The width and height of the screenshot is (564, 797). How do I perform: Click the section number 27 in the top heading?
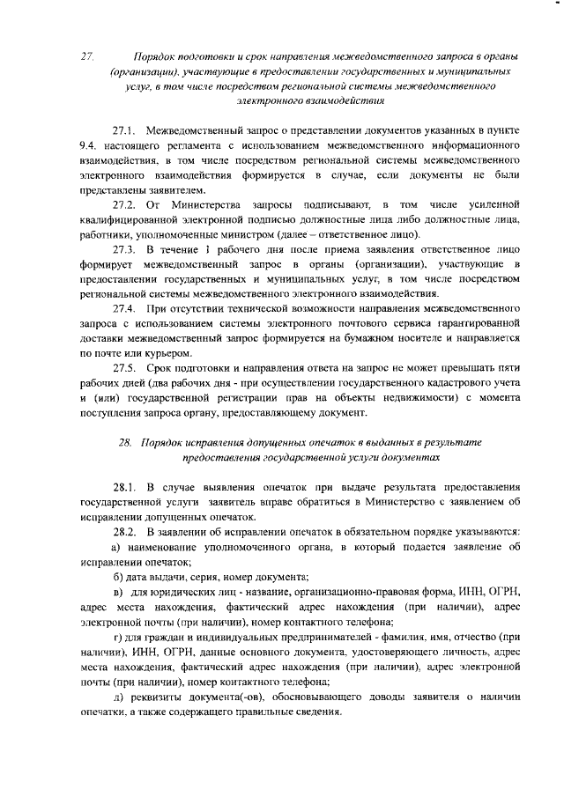pyautogui.click(x=85, y=55)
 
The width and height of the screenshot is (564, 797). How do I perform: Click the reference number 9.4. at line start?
pyautogui.click(x=88, y=145)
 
